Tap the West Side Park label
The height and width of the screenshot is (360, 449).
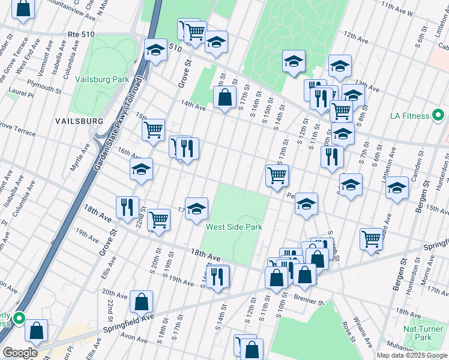234,227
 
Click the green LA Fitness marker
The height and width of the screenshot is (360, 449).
439,115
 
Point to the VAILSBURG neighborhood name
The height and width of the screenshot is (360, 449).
79,121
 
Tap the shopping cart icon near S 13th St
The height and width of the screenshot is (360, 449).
277,175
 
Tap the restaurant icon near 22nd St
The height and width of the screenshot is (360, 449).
127,207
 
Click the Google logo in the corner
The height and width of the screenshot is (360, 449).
20,353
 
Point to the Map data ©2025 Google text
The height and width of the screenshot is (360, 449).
412,355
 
